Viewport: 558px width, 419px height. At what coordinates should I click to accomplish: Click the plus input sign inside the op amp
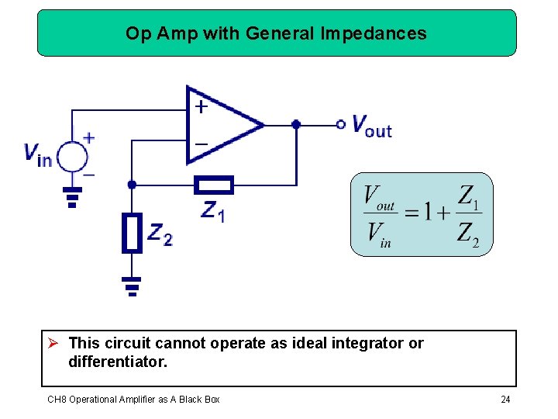click(x=201, y=106)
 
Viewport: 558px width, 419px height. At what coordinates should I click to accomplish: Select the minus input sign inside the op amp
click(x=201, y=144)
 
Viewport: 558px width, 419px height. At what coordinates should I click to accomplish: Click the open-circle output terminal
click(x=340, y=124)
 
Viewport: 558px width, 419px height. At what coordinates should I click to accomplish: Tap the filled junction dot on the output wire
click(x=296, y=124)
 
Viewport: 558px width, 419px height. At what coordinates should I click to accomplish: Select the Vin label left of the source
click(x=38, y=154)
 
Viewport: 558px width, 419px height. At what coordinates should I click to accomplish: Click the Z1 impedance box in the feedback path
click(x=212, y=185)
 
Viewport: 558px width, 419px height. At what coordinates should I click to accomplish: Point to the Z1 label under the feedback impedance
click(x=212, y=210)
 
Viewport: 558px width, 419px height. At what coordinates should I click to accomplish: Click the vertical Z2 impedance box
click(x=133, y=234)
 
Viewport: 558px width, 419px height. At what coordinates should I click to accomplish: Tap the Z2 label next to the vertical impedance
click(x=160, y=234)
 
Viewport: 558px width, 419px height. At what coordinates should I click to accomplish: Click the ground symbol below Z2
click(x=133, y=286)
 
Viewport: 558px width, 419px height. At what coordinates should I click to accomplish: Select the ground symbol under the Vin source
click(x=72, y=197)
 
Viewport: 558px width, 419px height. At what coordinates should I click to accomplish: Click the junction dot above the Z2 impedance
click(x=132, y=185)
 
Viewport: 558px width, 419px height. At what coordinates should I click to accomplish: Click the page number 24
click(x=505, y=400)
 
